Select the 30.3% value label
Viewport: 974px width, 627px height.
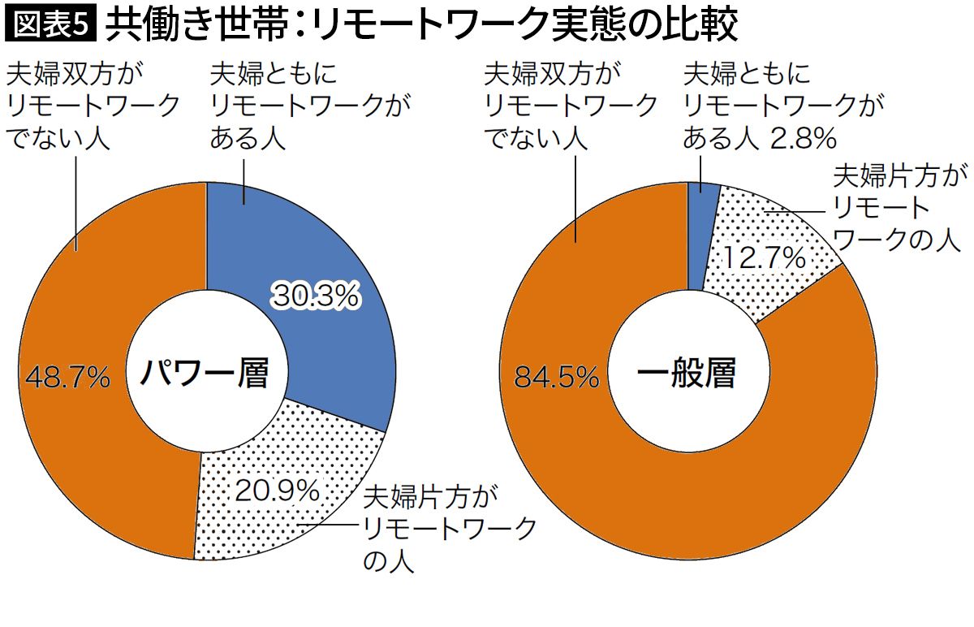pos(315,297)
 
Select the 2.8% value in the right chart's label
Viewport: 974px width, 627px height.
pos(803,139)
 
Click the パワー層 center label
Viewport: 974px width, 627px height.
pos(202,374)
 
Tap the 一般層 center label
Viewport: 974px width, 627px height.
pos(687,374)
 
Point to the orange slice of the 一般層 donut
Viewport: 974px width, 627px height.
pos(730,504)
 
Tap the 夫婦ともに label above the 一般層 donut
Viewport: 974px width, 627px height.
pos(748,75)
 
